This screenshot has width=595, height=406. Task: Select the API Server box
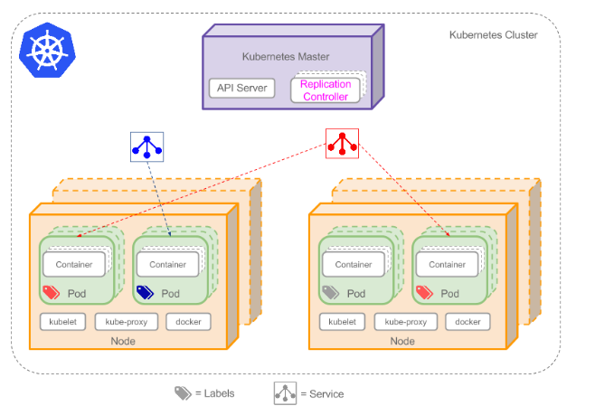[240, 88]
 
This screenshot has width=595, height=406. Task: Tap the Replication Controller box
[325, 90]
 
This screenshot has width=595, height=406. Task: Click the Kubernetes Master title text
[286, 56]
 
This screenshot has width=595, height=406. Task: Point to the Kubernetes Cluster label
[493, 34]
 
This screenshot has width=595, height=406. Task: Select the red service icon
[342, 142]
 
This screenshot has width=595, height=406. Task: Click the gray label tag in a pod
[330, 293]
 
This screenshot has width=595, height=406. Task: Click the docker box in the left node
[188, 321]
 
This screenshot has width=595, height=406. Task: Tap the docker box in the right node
[467, 321]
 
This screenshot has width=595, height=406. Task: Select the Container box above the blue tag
[167, 264]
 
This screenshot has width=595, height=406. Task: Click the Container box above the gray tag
[354, 264]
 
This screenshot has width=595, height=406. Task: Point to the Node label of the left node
[123, 341]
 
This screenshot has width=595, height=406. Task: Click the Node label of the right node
[402, 341]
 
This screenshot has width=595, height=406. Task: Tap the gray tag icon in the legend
[184, 393]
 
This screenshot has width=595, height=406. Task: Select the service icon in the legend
[286, 393]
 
